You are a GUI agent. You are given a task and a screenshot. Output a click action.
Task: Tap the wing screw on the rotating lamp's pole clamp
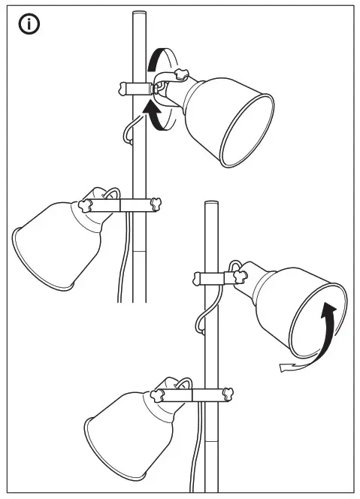pyautogui.click(x=125, y=89)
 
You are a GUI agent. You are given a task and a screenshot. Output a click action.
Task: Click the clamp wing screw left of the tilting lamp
pyautogui.click(x=195, y=280)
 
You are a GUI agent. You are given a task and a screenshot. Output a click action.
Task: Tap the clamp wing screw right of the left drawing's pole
pyautogui.click(x=157, y=203)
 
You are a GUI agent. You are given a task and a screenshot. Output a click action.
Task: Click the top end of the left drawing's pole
pyautogui.click(x=138, y=14)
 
